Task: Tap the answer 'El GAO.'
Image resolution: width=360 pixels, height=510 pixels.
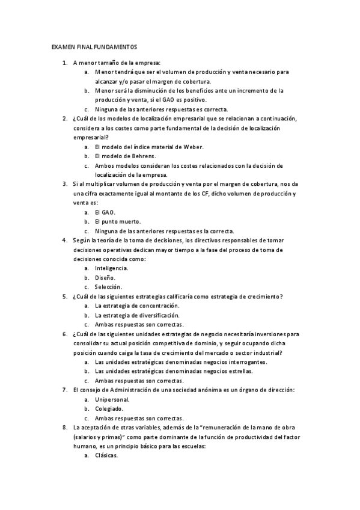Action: (x=105, y=212)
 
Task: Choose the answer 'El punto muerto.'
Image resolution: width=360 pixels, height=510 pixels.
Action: (x=114, y=221)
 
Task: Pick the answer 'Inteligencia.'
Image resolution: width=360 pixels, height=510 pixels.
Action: (x=111, y=268)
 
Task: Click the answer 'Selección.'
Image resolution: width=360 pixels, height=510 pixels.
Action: (x=108, y=287)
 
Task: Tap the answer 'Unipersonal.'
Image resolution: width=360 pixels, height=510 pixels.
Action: (x=112, y=399)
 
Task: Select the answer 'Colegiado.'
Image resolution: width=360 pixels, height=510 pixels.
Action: (x=109, y=409)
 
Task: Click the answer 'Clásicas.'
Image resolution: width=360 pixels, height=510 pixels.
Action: (x=106, y=455)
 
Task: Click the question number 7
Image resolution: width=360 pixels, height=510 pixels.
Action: (x=65, y=390)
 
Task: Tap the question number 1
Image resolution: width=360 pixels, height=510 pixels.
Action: (x=65, y=62)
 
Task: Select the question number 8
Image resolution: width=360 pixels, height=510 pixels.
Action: (x=65, y=427)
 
